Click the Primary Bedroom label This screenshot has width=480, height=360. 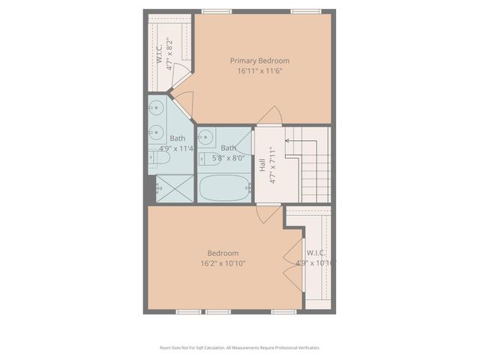click(259, 61)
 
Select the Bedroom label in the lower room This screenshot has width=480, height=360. click(223, 253)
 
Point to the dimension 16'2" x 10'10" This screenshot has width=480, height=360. click(223, 263)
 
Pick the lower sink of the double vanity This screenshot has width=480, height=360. click(157, 132)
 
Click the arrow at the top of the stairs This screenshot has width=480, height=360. click(286, 139)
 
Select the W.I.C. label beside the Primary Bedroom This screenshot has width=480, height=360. click(160, 54)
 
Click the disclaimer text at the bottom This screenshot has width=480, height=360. click(240, 347)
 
